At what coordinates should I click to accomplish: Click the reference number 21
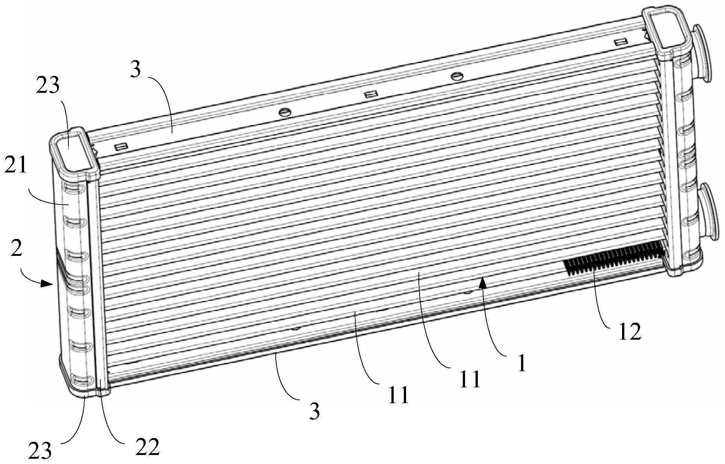tap(16, 165)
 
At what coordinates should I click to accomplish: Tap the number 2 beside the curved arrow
tap(16, 249)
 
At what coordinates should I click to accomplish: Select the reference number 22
tap(148, 446)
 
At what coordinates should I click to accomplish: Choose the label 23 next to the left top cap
tap(48, 86)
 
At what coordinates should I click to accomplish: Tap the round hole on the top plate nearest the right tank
tap(456, 76)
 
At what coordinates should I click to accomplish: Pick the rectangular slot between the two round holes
tap(370, 95)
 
